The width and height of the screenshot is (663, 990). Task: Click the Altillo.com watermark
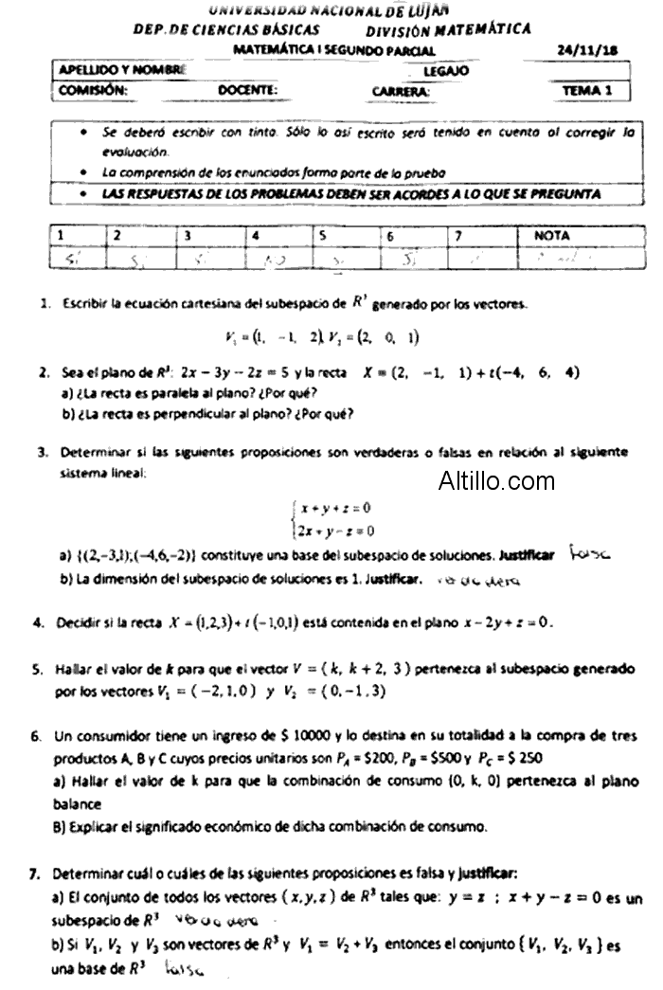496,481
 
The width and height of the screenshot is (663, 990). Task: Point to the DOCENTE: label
247,90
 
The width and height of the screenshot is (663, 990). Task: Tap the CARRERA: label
402,91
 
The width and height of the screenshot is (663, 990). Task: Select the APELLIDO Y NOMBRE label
121,70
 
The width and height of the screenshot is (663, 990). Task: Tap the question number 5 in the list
37,669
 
